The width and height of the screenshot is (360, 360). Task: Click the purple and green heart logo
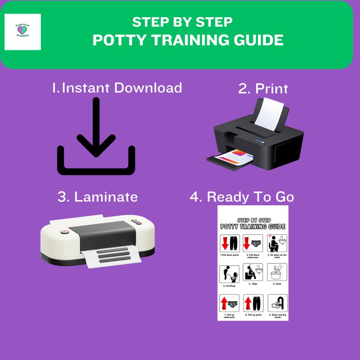coord(22,30)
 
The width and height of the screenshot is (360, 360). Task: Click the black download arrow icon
coord(96,136)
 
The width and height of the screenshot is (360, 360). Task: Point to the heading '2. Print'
coord(263,88)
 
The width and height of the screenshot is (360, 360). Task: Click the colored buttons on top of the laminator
coord(135,222)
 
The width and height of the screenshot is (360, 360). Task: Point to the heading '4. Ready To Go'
coord(242,197)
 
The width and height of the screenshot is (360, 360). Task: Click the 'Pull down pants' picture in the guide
coord(229,244)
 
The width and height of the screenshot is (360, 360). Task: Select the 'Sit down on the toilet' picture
coord(277,243)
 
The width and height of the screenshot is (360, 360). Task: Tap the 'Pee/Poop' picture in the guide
coord(229,273)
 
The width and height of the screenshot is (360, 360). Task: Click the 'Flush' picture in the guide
coord(277,273)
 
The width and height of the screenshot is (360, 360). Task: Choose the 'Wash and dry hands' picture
coord(277,303)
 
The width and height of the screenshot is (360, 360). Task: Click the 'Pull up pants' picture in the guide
coord(253,303)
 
